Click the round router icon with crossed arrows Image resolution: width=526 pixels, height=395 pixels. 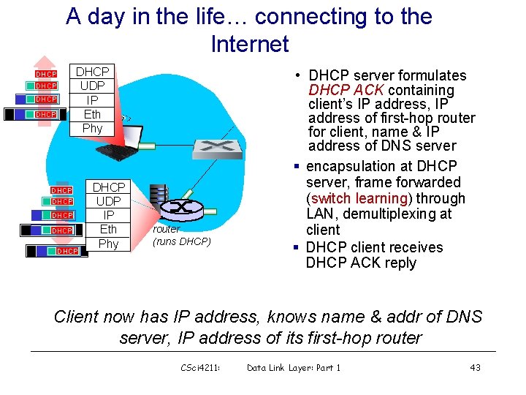pyautogui.click(x=180, y=208)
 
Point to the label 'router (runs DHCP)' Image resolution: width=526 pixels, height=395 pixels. pyautogui.click(x=181, y=235)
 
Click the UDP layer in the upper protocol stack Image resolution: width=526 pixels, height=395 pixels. pyautogui.click(x=93, y=86)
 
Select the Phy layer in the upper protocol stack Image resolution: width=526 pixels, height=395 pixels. pyautogui.click(x=93, y=128)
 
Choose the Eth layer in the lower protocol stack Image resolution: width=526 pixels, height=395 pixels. pyautogui.click(x=108, y=230)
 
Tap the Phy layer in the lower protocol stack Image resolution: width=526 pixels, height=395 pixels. pyautogui.click(x=108, y=244)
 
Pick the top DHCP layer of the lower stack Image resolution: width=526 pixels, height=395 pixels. pyautogui.click(x=108, y=187)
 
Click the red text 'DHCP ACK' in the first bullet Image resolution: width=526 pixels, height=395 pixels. pyautogui.click(x=340, y=91)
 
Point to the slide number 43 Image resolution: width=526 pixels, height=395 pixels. pyautogui.click(x=475, y=367)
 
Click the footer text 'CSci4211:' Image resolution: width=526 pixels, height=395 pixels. pyautogui.click(x=199, y=367)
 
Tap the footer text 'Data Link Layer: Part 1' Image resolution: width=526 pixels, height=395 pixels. pyautogui.click(x=294, y=367)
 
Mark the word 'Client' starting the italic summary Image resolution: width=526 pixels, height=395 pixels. pyautogui.click(x=77, y=317)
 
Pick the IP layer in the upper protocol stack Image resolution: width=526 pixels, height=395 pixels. pyautogui.click(x=93, y=99)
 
